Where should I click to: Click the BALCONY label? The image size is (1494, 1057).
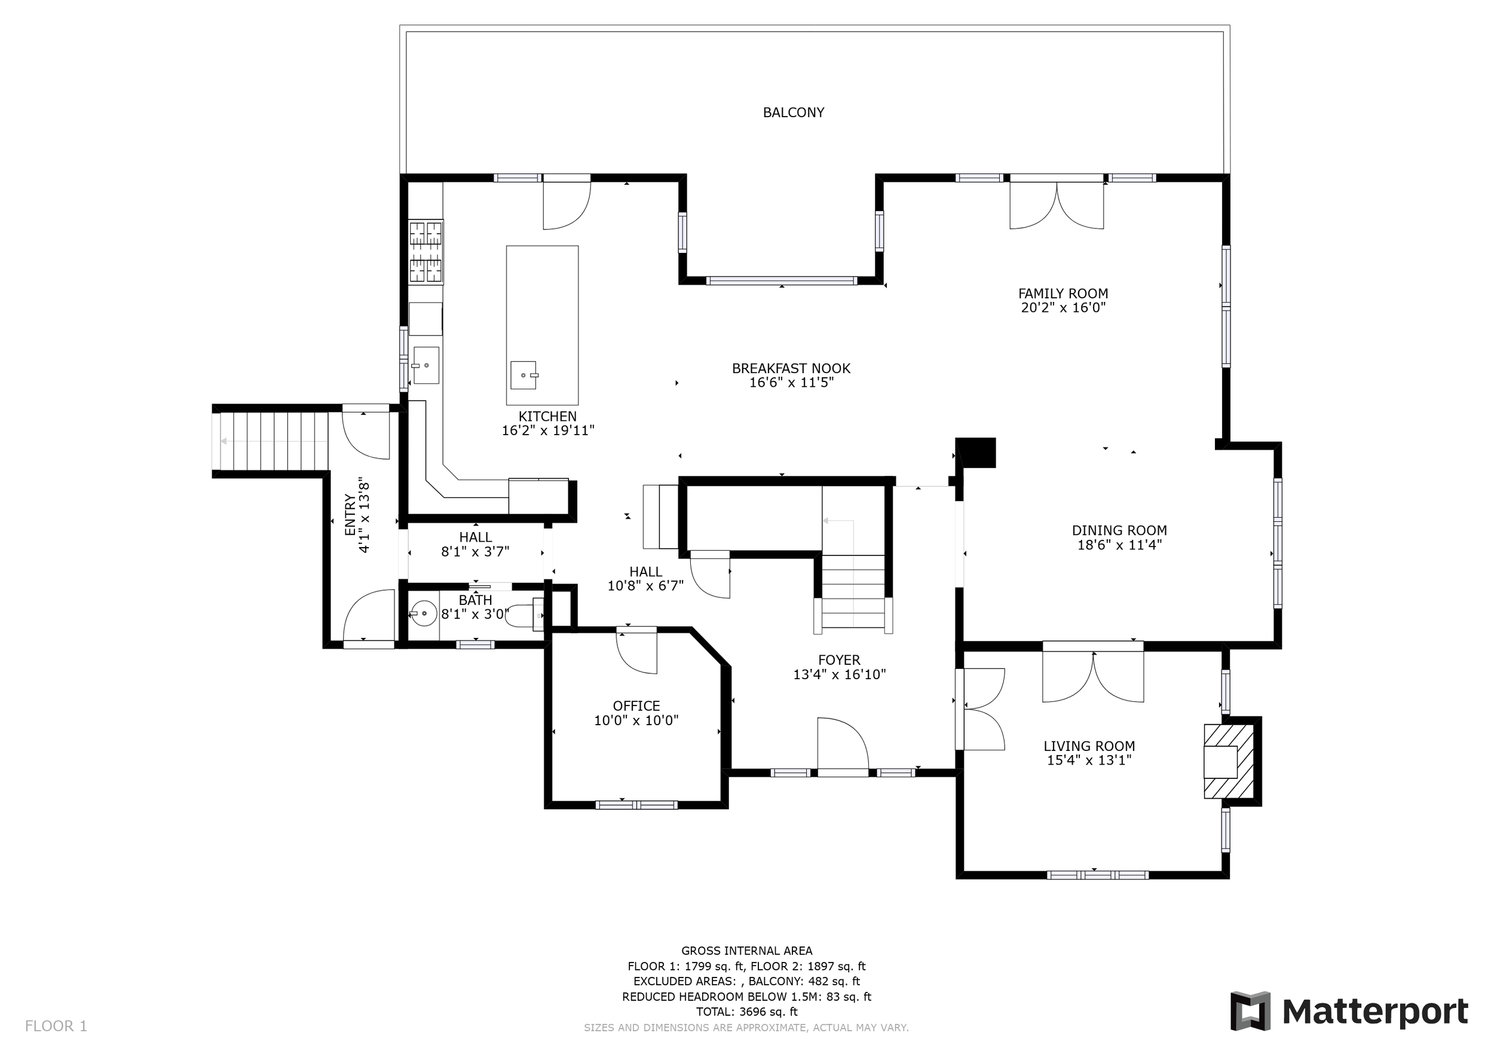point(793,112)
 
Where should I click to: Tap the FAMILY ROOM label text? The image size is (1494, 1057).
point(1063,294)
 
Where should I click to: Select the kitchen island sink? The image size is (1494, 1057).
point(524,375)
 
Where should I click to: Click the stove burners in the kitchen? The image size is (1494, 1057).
point(425,252)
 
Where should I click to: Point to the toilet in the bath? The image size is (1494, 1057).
point(525,615)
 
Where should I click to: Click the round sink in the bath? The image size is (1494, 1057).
point(424,613)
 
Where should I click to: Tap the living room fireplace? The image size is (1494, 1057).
point(1229,761)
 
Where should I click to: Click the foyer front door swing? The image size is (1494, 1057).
point(843,746)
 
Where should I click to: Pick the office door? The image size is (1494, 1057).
point(636,652)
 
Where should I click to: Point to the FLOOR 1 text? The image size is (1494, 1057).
point(56,1027)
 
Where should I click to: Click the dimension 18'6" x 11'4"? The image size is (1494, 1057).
point(1119,545)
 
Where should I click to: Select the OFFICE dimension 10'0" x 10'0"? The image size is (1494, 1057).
point(636,720)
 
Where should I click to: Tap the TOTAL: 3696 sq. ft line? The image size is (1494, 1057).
point(746,1012)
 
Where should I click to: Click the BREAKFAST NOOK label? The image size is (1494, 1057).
point(791,368)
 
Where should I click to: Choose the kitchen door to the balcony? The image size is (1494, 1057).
point(567,203)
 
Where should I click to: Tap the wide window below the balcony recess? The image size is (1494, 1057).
point(782,281)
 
